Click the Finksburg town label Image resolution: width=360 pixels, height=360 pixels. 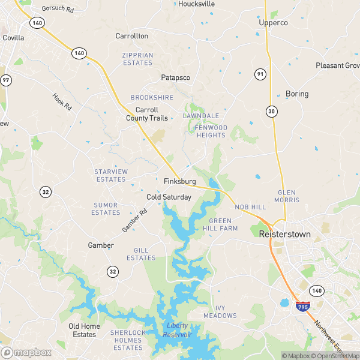coord(179,181)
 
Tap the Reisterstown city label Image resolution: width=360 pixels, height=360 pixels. coord(284,234)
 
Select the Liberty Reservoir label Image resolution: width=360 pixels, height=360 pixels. coord(178,330)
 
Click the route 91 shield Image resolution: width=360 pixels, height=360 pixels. coord(260,74)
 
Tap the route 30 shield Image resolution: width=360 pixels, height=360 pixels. coord(272,112)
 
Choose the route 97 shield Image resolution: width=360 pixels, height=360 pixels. coord(6,80)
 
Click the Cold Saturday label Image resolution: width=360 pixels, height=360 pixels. coord(169,197)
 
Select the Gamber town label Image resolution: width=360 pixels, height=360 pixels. coord(101,245)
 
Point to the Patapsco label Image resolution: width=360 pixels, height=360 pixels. coord(175,78)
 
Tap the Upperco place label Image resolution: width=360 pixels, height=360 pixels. coord(273,23)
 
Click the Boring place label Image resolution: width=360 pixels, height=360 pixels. coord(297,94)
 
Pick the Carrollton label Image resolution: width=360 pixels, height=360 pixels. coord(131,36)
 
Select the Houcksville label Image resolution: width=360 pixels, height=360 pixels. coord(196,4)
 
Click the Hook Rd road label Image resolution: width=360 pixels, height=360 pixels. coord(62,101)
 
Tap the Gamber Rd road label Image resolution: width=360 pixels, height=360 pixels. coord(134,221)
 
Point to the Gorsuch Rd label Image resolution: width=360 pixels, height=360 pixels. coord(57,9)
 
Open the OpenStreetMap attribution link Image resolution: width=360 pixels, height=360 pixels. coord(336,356)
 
